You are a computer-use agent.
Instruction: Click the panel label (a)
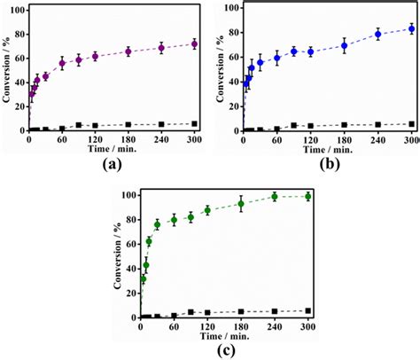click(x=112, y=165)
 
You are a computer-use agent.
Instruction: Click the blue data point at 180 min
click(x=344, y=45)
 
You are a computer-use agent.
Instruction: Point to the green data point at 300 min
click(x=307, y=196)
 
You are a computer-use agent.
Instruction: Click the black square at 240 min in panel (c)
click(x=275, y=311)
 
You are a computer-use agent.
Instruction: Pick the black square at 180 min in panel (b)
click(x=344, y=125)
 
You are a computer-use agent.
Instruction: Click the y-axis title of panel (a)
click(x=8, y=67)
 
